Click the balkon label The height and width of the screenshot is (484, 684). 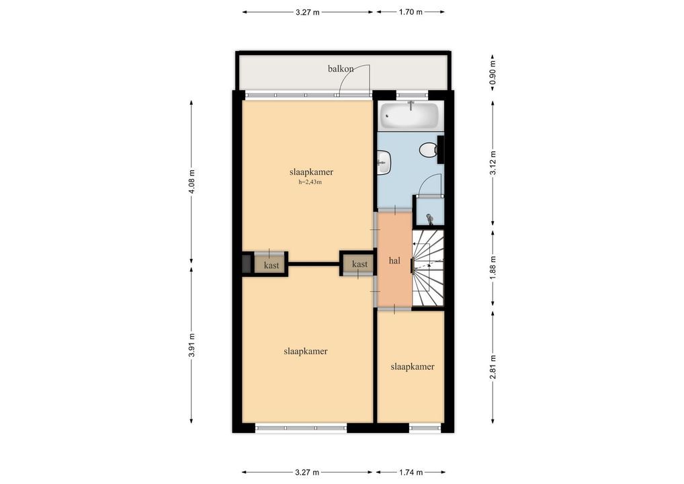point(341,69)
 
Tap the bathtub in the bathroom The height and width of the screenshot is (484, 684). point(409,115)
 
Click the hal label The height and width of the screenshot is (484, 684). point(394,261)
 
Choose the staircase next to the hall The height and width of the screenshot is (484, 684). point(428,268)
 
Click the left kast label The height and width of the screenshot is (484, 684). point(271,265)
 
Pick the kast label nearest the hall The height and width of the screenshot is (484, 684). point(359,264)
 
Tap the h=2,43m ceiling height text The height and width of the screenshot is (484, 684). point(310,182)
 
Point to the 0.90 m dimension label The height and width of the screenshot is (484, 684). point(493,73)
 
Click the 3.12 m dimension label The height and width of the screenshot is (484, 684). point(493,163)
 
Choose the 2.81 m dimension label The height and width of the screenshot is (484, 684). point(493,368)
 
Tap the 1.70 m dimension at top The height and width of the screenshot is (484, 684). point(411,12)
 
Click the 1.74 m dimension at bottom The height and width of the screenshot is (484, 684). point(411,472)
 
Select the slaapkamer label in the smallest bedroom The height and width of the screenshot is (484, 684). point(413,366)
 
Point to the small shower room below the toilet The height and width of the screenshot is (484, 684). point(429,212)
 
